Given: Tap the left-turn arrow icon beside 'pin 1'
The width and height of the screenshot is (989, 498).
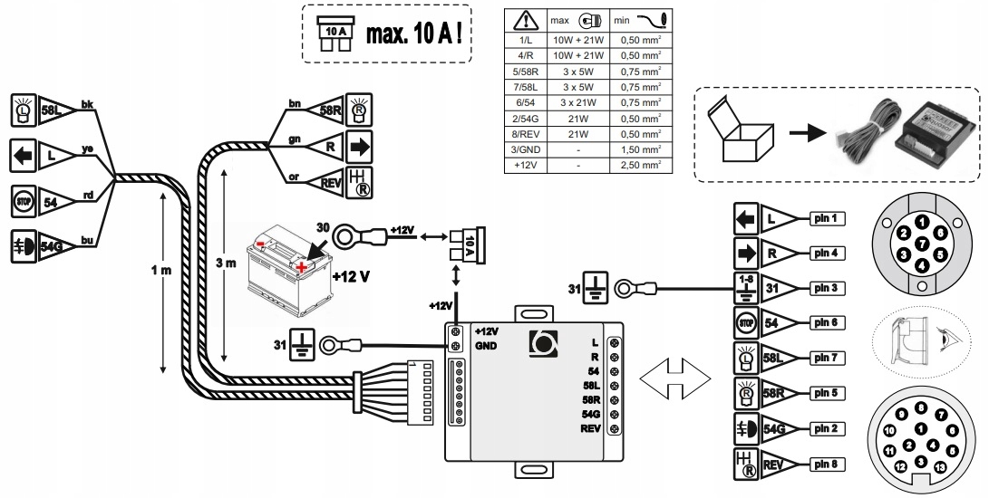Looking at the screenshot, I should click(745, 219).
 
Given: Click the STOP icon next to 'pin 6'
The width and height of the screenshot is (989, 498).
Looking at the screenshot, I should click(745, 322).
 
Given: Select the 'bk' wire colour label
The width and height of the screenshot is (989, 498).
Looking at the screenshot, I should click(87, 104).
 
